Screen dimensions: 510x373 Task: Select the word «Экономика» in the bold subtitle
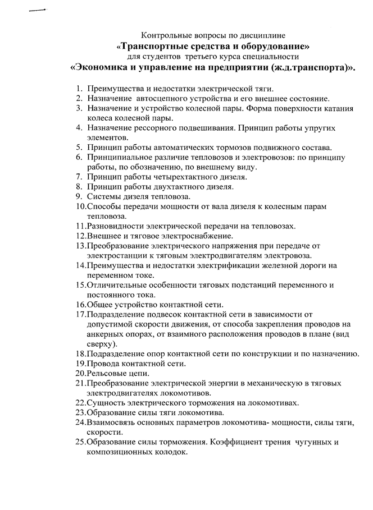pos(103,67)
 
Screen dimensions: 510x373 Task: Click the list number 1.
pos(79,89)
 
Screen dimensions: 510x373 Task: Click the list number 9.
pos(79,196)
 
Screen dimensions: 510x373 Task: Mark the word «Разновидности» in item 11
pos(116,226)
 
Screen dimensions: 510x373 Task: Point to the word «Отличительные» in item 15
pos(117,284)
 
